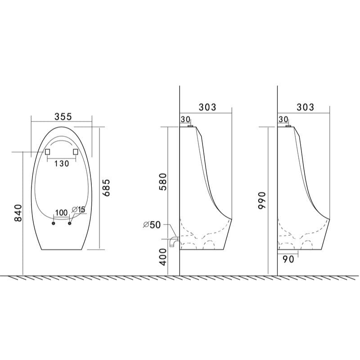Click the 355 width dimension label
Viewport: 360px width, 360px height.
pyautogui.click(x=63, y=117)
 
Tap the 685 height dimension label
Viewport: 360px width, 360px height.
pyautogui.click(x=106, y=188)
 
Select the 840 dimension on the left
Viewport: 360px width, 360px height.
pyautogui.click(x=18, y=213)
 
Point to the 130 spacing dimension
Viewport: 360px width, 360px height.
pyautogui.click(x=62, y=163)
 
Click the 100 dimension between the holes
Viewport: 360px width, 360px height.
pyautogui.click(x=62, y=212)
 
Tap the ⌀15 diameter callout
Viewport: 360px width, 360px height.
pyautogui.click(x=78, y=209)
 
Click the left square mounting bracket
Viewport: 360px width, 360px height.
pyautogui.click(x=48, y=152)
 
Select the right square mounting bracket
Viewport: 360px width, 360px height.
pyautogui.click(x=76, y=152)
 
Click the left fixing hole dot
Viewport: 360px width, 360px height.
pyautogui.click(x=54, y=223)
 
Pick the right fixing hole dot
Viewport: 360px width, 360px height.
pyautogui.click(x=70, y=223)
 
